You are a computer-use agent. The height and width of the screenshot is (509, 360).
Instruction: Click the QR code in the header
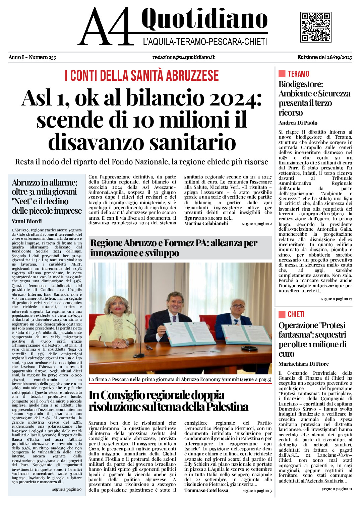(x=316, y=27)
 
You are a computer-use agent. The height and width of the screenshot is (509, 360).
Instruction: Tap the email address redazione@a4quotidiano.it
(x=183, y=57)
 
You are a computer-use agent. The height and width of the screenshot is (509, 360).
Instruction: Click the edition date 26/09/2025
(x=339, y=57)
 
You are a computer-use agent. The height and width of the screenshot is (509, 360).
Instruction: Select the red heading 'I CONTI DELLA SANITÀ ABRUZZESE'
(x=142, y=76)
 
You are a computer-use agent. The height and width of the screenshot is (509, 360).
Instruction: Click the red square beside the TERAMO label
(x=282, y=74)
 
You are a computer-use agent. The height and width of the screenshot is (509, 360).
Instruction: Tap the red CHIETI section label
(x=296, y=314)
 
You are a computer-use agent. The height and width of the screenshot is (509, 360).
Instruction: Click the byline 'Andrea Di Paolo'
(x=298, y=123)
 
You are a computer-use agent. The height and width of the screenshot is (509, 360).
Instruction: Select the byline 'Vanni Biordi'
(x=27, y=221)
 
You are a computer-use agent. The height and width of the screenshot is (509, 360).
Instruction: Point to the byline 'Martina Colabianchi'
(x=206, y=223)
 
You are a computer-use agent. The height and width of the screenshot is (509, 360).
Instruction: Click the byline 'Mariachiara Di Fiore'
(x=303, y=364)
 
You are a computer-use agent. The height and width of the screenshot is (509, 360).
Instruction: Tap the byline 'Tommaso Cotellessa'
(x=206, y=490)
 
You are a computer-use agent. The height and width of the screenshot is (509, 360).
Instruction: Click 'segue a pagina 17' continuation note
(x=337, y=299)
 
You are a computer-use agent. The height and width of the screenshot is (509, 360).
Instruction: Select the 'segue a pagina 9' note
(x=67, y=489)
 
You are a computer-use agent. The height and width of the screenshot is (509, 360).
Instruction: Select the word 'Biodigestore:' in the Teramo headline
(x=301, y=84)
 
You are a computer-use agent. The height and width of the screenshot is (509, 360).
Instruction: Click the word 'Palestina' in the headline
(x=227, y=407)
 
